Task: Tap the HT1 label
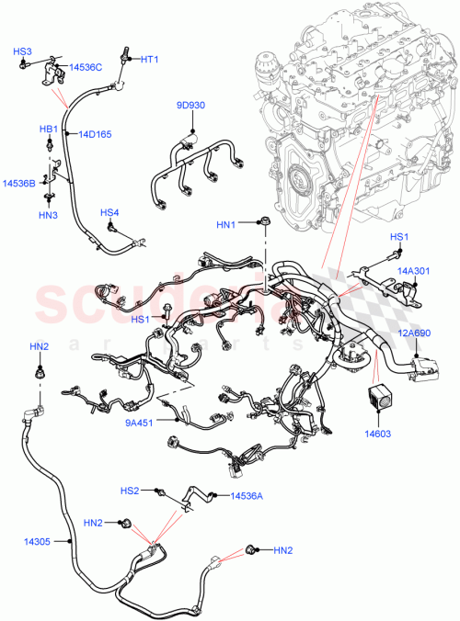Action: click(x=150, y=59)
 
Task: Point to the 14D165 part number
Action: click(x=95, y=135)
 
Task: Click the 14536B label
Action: click(x=18, y=184)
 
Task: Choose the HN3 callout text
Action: click(x=48, y=216)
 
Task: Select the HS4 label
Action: click(x=109, y=212)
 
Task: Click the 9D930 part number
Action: click(x=190, y=105)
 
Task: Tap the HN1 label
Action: click(x=226, y=223)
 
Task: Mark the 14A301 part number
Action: click(x=413, y=271)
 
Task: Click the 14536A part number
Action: click(x=247, y=496)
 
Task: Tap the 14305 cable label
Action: click(x=37, y=542)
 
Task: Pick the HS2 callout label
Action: click(x=131, y=491)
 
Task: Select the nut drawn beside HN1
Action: click(x=263, y=220)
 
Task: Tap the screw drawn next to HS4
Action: click(x=111, y=227)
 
